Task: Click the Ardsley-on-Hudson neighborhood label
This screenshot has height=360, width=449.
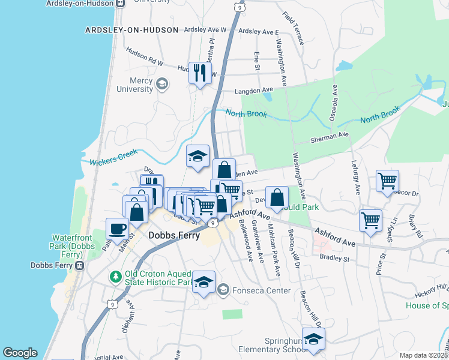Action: pos(132,30)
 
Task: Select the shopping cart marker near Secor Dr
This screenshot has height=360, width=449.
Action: pos(388,180)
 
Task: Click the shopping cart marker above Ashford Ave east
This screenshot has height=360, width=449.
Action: pos(370,220)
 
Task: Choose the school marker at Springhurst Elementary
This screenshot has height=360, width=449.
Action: pos(313,339)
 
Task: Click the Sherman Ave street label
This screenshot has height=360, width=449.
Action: pos(330,137)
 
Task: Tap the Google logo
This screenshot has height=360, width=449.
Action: pos(20,353)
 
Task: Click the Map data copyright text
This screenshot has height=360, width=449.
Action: pos(423,355)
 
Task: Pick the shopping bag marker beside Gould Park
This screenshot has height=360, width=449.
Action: pos(277,197)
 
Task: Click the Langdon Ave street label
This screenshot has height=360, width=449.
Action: pos(253,90)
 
